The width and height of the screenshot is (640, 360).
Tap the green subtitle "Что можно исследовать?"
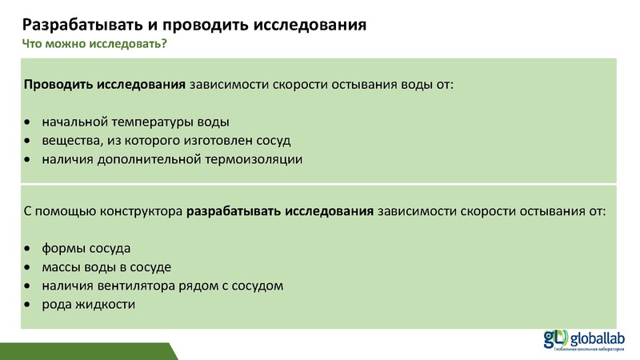click(x=94, y=43)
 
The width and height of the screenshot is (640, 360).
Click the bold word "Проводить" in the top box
click(x=59, y=85)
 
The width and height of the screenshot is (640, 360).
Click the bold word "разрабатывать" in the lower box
click(x=232, y=211)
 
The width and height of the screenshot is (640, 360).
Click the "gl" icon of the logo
click(x=556, y=338)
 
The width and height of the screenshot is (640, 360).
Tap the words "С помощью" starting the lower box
click(x=52, y=211)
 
